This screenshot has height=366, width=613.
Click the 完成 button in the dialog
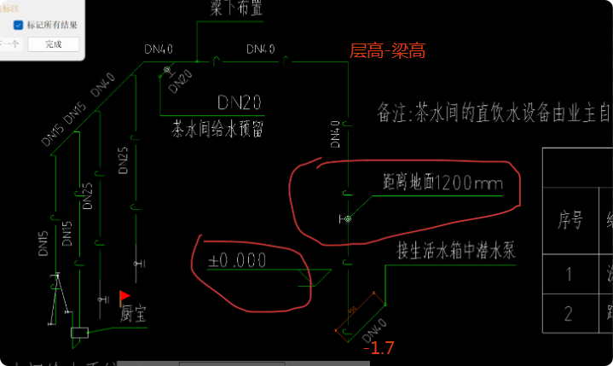53,44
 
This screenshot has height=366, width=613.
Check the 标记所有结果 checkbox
19,25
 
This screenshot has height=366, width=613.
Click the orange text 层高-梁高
387,52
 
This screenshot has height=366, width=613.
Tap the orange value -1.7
378,348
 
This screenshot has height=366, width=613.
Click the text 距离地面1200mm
442,183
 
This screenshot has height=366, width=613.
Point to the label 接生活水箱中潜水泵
456,250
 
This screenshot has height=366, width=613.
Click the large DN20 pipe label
239,104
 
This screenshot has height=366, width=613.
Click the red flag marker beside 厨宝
124,295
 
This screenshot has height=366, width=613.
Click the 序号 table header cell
569,220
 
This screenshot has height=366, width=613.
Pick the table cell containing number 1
569,275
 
